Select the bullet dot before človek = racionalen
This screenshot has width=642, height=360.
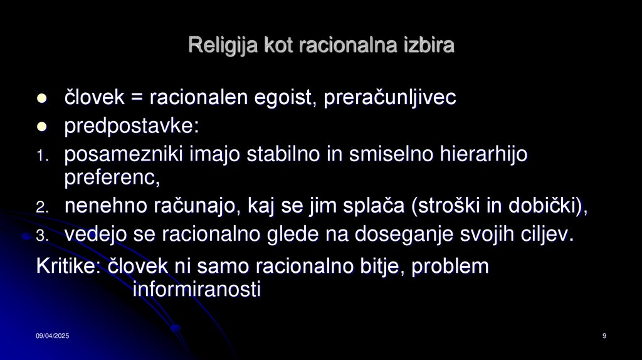(x=43, y=98)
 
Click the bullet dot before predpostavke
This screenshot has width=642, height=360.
(x=43, y=127)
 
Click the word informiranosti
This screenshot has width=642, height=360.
(x=197, y=290)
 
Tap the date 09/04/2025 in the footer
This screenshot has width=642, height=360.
(x=52, y=337)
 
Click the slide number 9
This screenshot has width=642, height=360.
(x=604, y=337)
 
